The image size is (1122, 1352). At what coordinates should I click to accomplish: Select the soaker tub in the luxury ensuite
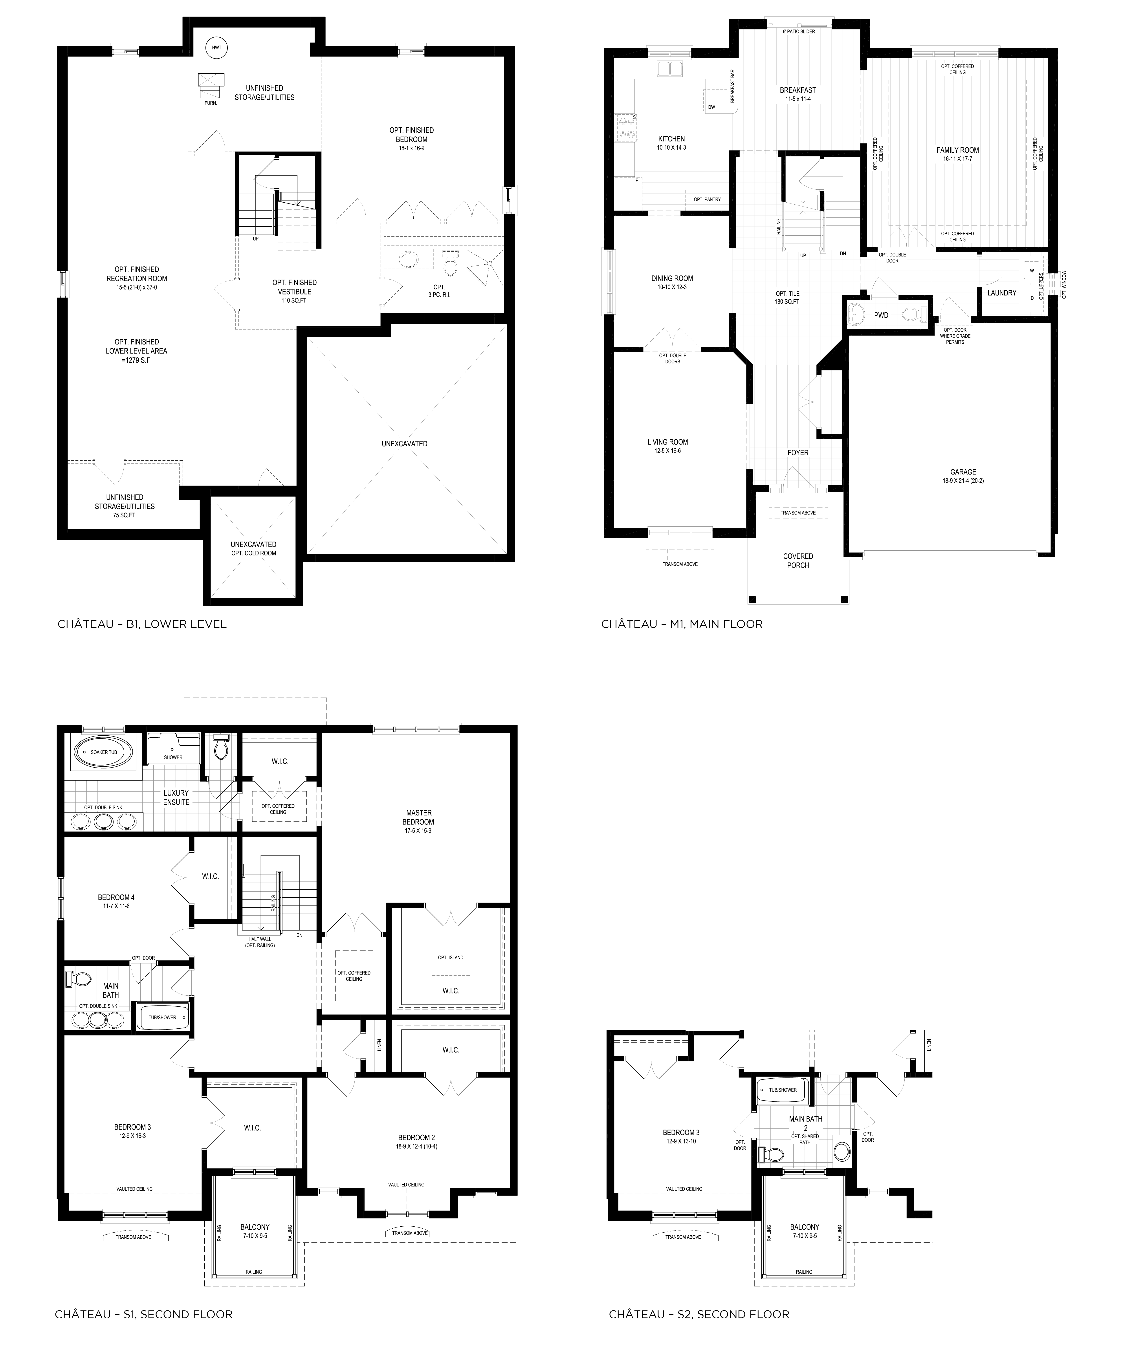tap(104, 753)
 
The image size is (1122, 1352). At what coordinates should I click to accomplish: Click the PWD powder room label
tap(881, 315)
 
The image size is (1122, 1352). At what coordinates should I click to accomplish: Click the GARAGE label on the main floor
tap(963, 472)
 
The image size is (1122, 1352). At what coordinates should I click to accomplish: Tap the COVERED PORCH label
tap(798, 561)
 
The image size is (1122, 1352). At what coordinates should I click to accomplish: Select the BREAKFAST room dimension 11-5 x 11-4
tap(798, 99)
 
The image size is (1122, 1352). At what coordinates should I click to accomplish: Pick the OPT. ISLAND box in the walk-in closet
tap(451, 957)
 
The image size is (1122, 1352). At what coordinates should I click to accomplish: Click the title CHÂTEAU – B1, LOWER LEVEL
tap(142, 624)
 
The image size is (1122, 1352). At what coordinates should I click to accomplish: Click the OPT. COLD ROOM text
tap(254, 553)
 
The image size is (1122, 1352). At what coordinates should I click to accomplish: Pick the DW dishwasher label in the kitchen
tap(711, 107)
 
